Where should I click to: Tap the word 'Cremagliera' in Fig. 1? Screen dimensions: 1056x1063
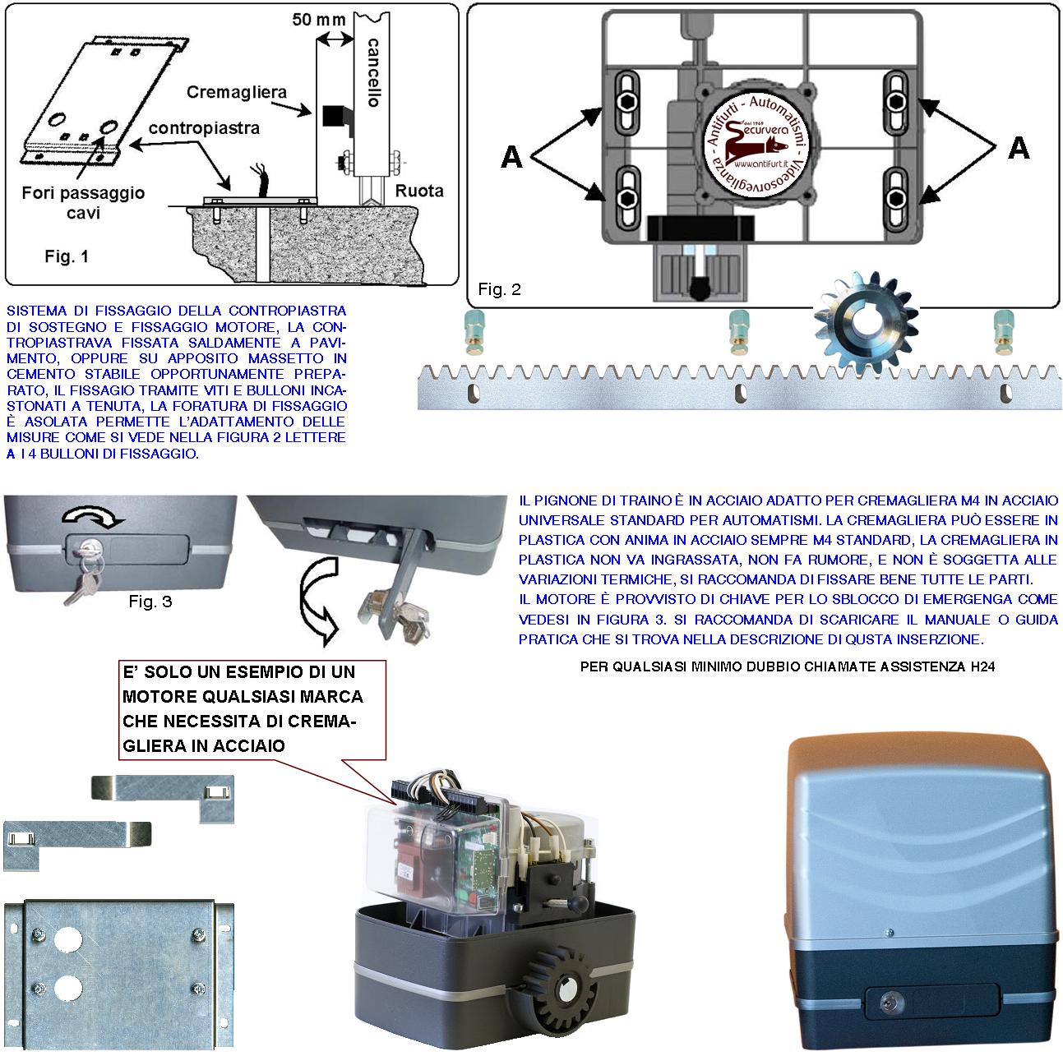click(236, 92)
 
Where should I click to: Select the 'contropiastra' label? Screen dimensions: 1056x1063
click(204, 129)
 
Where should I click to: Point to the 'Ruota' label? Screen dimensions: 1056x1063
click(419, 191)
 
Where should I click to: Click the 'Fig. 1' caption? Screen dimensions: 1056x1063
click(67, 257)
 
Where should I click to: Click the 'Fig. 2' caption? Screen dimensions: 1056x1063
click(499, 289)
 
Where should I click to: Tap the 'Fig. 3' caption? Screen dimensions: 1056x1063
click(150, 602)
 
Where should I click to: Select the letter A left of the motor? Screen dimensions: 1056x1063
click(511, 156)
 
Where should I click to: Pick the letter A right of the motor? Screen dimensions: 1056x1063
click(1019, 148)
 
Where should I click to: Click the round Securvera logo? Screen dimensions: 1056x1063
click(758, 145)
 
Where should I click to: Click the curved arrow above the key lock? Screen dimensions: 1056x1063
click(92, 516)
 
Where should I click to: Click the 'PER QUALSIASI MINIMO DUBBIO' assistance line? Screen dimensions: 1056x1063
click(787, 667)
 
